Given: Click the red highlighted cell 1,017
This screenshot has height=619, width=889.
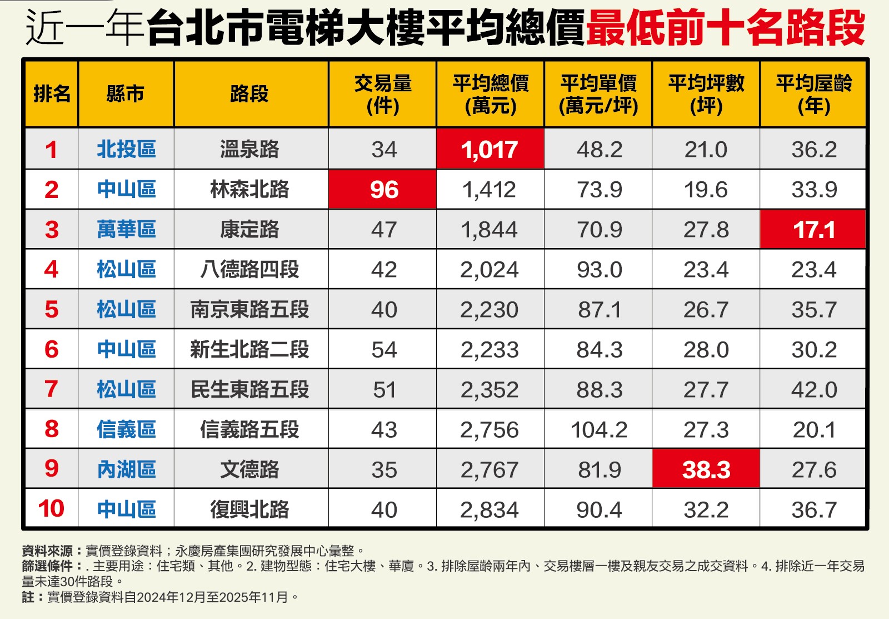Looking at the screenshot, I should point(490,149).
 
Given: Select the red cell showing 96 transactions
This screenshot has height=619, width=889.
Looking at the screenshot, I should point(383,190).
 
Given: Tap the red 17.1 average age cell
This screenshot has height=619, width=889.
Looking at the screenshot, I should point(813,229).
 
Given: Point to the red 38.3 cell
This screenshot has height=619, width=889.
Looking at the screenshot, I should point(706,469).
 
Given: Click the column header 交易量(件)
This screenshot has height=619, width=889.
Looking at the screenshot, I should point(383,94).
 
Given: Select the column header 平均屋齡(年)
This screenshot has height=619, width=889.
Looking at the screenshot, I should point(813,94).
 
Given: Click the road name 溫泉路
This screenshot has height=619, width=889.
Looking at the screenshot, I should point(249,149).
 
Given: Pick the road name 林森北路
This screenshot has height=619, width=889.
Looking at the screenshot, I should point(249,190).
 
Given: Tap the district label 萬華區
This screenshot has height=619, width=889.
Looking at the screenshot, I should point(126,229).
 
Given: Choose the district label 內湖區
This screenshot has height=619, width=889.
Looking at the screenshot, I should point(126,469).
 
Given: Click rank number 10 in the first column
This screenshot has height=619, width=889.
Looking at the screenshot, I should point(51,509).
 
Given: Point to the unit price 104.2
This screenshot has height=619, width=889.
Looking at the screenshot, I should point(598,429).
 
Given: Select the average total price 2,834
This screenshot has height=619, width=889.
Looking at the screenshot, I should point(490,509).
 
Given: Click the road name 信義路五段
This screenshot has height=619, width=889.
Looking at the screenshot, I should point(249,429).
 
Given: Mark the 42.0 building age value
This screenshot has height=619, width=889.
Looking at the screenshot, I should point(813,389).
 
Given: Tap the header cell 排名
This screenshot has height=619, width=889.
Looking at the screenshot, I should point(52,94).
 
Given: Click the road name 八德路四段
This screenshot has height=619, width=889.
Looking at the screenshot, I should point(249,270).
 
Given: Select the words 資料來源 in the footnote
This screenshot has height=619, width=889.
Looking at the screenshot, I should point(47,551).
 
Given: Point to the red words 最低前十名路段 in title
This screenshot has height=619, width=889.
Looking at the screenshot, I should point(725,28).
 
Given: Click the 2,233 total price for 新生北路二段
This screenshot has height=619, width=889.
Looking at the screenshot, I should point(490,349).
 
